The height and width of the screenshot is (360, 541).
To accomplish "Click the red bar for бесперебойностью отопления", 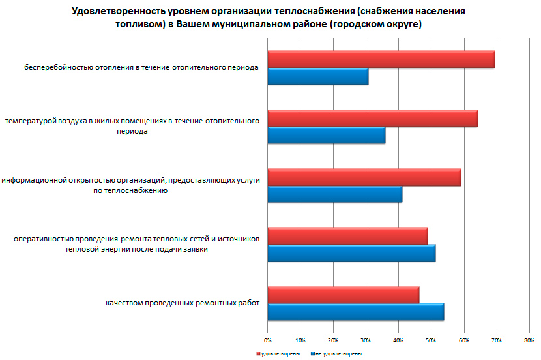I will pyautogui.click(x=381, y=59).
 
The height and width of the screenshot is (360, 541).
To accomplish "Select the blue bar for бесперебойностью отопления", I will pyautogui.click(x=318, y=77).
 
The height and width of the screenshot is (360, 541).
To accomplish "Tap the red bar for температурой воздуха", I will pyautogui.click(x=373, y=119).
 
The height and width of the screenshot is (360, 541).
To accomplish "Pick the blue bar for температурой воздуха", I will pyautogui.click(x=327, y=136).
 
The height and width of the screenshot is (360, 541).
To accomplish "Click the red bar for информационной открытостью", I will pyautogui.click(x=364, y=177).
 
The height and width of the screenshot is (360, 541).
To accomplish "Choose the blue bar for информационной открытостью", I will pyautogui.click(x=335, y=194).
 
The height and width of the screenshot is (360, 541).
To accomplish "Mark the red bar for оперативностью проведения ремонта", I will pyautogui.click(x=347, y=236).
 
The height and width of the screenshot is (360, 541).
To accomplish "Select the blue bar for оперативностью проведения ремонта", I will pyautogui.click(x=351, y=253).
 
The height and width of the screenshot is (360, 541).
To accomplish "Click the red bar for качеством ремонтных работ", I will pyautogui.click(x=344, y=295).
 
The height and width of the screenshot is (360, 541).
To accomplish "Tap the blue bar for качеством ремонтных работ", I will pyautogui.click(x=356, y=312).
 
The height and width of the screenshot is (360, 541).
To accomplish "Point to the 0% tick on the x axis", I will pyautogui.click(x=267, y=340).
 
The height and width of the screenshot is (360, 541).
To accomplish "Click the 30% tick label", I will pyautogui.click(x=366, y=340).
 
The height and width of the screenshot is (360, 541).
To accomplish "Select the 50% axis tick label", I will pyautogui.click(x=431, y=340).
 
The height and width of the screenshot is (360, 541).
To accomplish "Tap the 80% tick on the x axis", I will pyautogui.click(x=529, y=340).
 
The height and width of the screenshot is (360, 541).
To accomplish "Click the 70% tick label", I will pyautogui.click(x=497, y=340).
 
